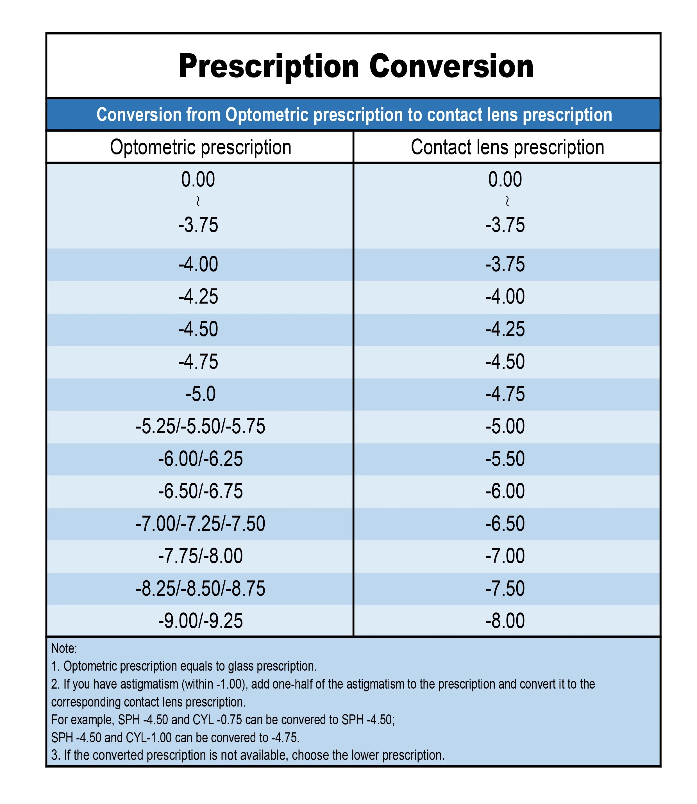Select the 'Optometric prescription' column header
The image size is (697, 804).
click(x=201, y=147)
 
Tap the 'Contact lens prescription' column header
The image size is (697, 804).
click(x=507, y=147)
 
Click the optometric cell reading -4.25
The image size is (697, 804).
click(x=198, y=297)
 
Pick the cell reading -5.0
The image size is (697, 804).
click(x=201, y=394)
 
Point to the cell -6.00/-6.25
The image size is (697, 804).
click(x=201, y=459)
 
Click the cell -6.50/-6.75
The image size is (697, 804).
click(x=201, y=491)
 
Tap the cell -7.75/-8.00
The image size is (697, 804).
click(x=201, y=556)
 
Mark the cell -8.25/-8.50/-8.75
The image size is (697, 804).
click(x=201, y=588)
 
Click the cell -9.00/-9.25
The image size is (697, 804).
click(x=201, y=621)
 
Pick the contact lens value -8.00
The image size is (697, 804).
click(x=505, y=621)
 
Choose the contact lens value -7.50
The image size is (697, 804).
click(x=505, y=588)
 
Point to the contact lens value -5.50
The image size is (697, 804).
click(x=505, y=459)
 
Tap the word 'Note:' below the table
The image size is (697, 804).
click(x=64, y=648)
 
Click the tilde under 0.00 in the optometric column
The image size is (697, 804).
click(x=198, y=201)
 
